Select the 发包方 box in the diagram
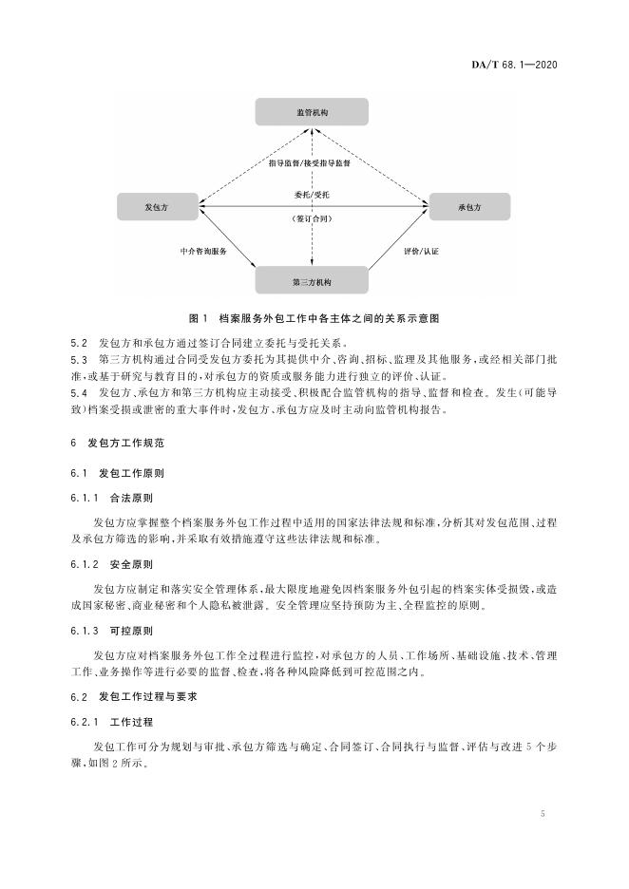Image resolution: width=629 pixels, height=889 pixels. point(158,207)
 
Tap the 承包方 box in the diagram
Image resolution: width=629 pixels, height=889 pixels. point(469,207)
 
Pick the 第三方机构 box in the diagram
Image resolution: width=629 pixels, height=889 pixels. point(312,282)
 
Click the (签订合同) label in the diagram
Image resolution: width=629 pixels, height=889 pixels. point(312,218)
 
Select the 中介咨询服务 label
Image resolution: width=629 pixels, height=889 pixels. point(203,252)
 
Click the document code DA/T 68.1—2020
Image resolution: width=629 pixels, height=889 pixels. point(514,65)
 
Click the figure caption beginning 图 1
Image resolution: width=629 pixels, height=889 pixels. point(314,318)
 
